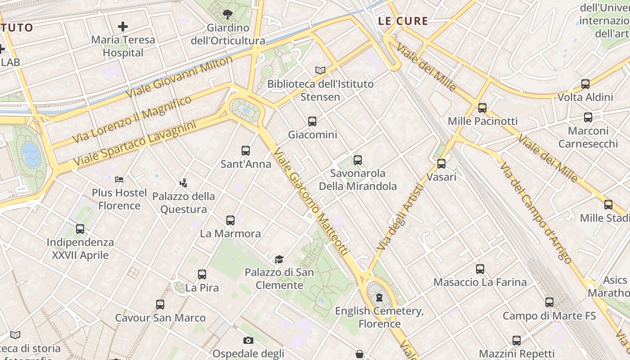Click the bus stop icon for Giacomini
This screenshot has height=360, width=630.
(312, 121)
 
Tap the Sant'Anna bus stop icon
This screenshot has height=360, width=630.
(246, 151)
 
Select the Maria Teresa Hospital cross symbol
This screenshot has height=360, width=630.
(123, 27)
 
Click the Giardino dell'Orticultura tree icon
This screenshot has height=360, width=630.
(228, 14)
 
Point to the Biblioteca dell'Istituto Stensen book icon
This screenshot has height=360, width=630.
(320, 70)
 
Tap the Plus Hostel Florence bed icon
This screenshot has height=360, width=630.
(119, 180)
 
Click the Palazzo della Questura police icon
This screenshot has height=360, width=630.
(183, 183)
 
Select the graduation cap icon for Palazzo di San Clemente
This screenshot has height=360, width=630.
(279, 259)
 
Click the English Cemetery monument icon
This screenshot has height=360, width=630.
(379, 297)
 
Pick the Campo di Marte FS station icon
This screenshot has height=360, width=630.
(549, 302)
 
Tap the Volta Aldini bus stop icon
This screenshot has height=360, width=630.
(585, 84)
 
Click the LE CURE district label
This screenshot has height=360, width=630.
(403, 21)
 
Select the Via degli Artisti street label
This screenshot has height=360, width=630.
(400, 218)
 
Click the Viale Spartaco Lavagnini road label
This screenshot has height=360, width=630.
(135, 143)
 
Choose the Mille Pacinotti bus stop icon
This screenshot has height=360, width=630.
(482, 108)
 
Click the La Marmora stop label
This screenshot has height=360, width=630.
(230, 234)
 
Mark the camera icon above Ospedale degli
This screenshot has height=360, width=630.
(248, 340)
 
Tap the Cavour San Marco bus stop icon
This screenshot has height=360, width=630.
(160, 305)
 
